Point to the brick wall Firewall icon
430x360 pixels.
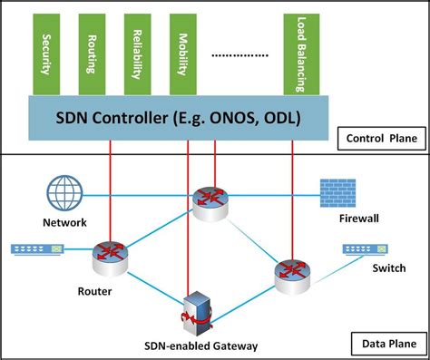[x=337, y=194]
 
